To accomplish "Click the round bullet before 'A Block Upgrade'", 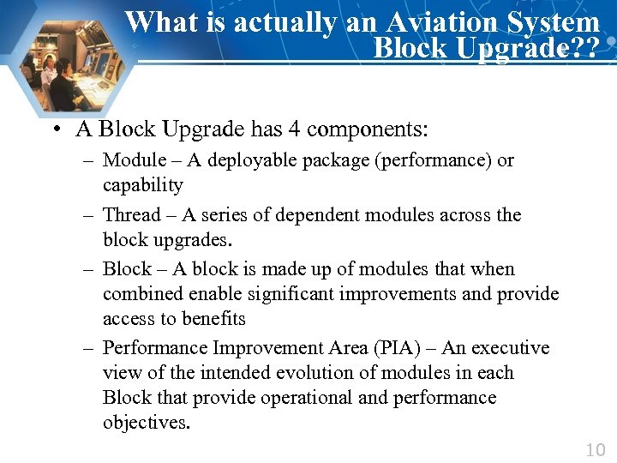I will point(54,130).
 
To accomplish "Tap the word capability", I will point(143,185).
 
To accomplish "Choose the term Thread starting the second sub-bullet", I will point(132,214).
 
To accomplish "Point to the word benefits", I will point(213,319).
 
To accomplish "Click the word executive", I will point(507,348).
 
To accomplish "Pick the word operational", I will point(307,398).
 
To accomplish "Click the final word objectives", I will point(146,423).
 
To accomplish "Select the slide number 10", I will point(595,449).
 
